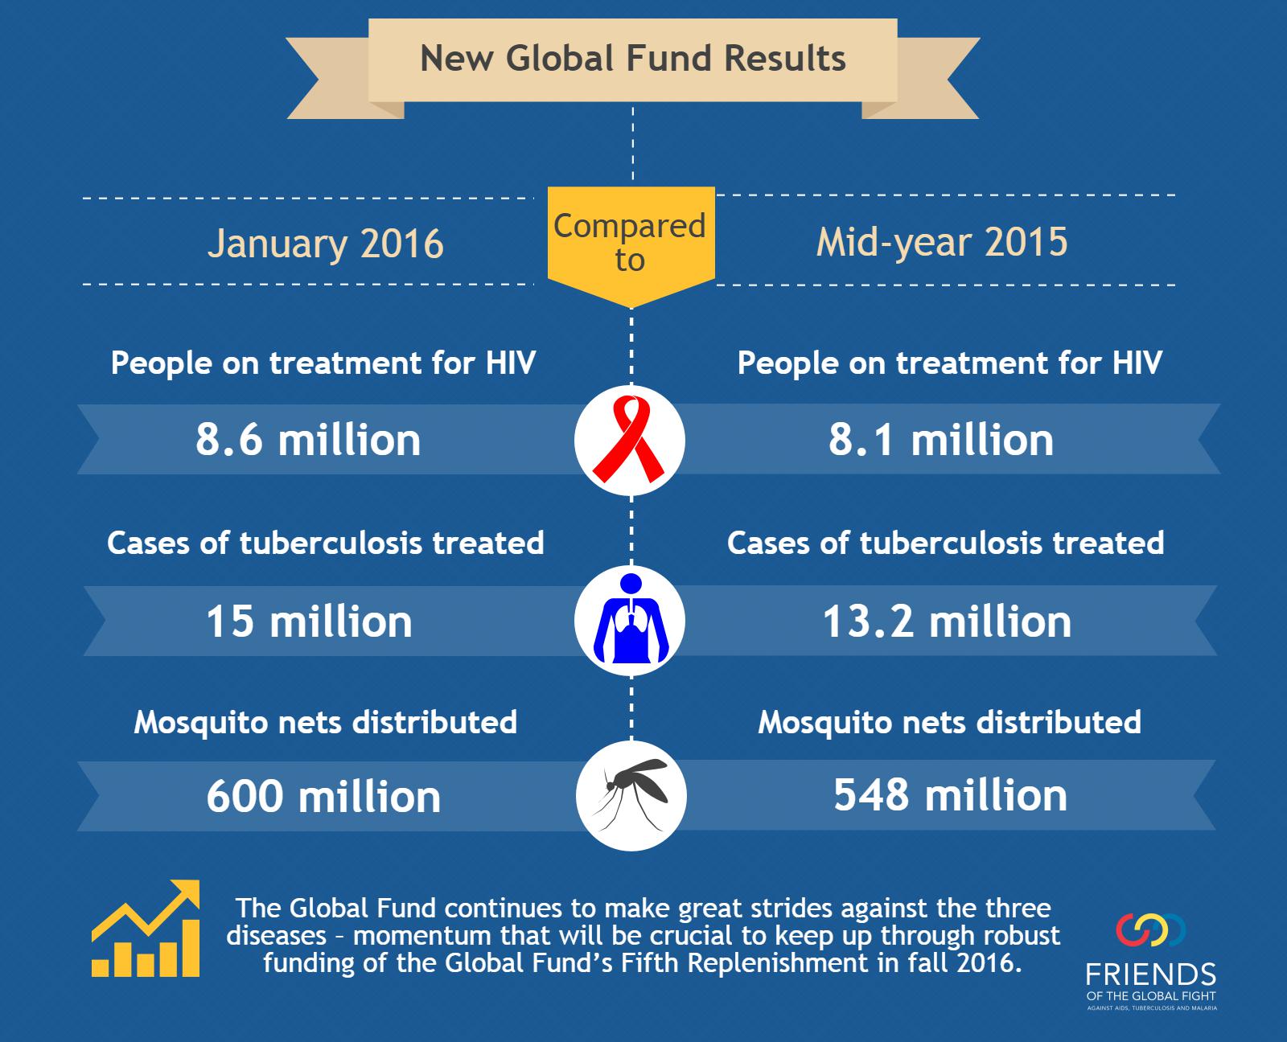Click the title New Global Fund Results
click(x=632, y=59)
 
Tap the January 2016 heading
click(x=326, y=244)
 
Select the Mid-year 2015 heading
click(x=942, y=243)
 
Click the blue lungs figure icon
click(x=631, y=618)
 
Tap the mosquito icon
click(x=631, y=794)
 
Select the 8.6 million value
click(x=308, y=440)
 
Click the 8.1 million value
click(x=941, y=440)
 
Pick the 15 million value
click(x=310, y=622)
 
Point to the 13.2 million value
click(x=947, y=622)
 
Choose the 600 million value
click(x=324, y=797)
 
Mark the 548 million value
click(x=951, y=795)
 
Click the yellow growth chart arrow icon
click(x=146, y=929)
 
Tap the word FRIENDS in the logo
click(x=1151, y=974)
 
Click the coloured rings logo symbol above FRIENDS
click(x=1151, y=930)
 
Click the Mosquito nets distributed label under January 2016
click(x=326, y=723)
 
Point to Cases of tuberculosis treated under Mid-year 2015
click(x=946, y=543)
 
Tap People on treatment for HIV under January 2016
click(x=323, y=363)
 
